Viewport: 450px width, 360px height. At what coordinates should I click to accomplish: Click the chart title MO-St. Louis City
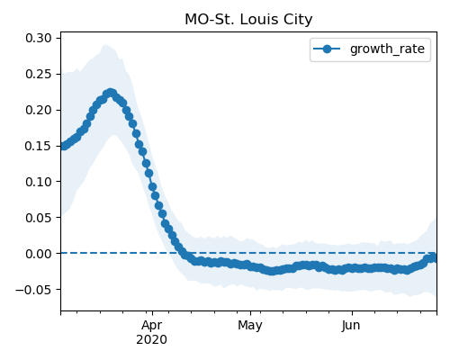(248, 20)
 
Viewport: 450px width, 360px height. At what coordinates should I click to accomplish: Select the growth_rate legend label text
(387, 49)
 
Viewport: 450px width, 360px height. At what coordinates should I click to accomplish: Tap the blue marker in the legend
(327, 49)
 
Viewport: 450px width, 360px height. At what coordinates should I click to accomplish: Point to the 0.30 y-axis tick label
(39, 38)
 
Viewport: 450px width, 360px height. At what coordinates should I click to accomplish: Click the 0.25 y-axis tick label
(39, 74)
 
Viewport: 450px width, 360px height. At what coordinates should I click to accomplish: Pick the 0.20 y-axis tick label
(39, 110)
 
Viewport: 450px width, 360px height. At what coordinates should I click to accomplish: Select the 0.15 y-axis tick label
(39, 146)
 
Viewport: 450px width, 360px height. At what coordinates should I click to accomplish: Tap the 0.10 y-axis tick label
(39, 182)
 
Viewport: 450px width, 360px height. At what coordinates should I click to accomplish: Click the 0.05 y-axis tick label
(39, 218)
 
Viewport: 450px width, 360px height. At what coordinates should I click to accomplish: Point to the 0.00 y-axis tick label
(39, 254)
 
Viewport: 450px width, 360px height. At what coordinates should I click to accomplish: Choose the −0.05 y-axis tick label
(33, 290)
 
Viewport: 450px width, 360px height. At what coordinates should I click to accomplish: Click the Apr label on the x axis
(152, 326)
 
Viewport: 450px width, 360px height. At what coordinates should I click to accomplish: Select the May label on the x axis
(250, 326)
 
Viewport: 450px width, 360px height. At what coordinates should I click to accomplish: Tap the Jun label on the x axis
(351, 326)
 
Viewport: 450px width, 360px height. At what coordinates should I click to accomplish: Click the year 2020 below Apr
(151, 340)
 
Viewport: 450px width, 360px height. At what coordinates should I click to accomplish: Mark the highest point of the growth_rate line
(111, 93)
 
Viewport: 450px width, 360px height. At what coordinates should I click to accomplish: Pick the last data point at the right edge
(435, 257)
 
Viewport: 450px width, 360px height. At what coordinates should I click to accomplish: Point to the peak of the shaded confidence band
(104, 45)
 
